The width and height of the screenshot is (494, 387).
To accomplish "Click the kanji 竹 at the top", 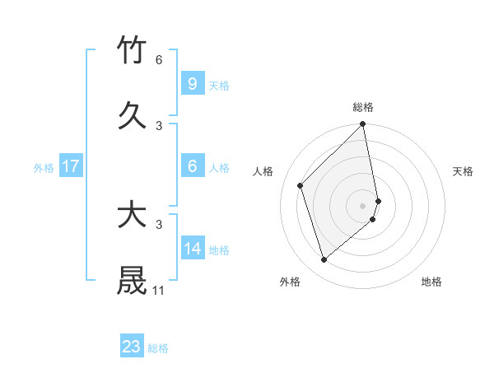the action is click(x=133, y=51).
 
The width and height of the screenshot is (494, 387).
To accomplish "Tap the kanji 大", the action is click(x=133, y=215).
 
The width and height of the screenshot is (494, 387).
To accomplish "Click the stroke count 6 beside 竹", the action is click(x=159, y=60).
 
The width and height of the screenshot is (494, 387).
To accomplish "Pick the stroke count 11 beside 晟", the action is click(x=159, y=290).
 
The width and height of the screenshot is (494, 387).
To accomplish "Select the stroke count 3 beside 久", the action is click(x=159, y=125).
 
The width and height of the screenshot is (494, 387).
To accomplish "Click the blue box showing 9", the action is click(x=192, y=84).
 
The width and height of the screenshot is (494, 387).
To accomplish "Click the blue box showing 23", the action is click(x=132, y=347).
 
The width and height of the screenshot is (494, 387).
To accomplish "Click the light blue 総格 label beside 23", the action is click(x=158, y=348).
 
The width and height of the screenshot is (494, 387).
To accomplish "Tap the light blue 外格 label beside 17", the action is click(x=44, y=168).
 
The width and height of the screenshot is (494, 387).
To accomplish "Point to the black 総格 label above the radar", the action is click(x=363, y=107).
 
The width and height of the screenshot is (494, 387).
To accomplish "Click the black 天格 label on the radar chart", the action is click(x=464, y=171).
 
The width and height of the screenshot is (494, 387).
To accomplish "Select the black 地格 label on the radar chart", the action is click(x=431, y=282).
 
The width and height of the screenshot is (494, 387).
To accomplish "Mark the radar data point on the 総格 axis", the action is click(x=363, y=125).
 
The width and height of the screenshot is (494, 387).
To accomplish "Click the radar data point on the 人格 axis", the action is click(x=301, y=185).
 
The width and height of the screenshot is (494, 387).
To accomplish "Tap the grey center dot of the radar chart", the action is click(x=363, y=204).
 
